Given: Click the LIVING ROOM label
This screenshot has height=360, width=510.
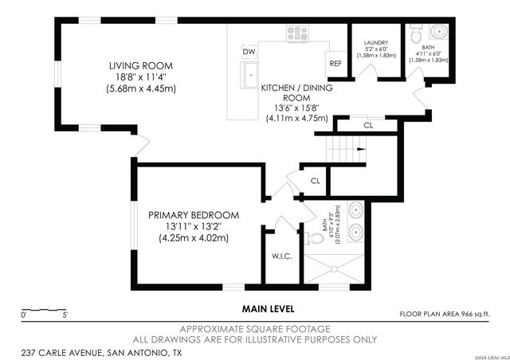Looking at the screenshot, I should pos(141,65).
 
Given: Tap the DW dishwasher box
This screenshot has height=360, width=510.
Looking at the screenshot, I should pos(249,52).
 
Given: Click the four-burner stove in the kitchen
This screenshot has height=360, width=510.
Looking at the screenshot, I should pos(298,33).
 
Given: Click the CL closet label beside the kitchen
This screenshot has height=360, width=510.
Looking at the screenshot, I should pos(367,125).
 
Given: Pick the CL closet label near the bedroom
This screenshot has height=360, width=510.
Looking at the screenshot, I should pos(316,181).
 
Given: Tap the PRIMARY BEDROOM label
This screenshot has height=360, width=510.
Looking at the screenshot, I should pos(194,215).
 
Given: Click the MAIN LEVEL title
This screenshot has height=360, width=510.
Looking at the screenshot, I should pos(269,307).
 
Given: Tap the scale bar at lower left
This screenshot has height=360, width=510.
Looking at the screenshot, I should pos(44,310).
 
